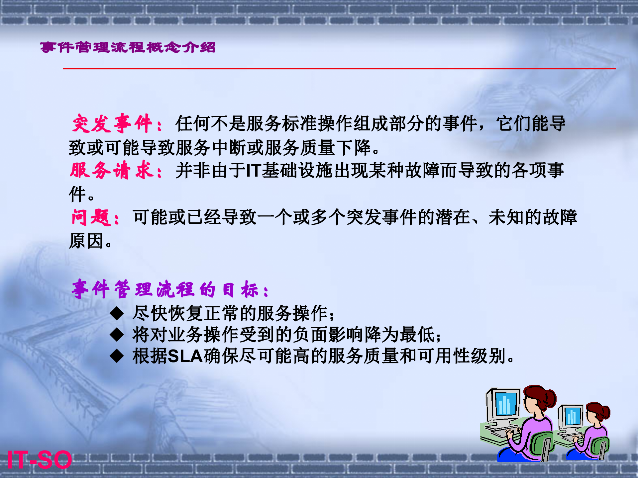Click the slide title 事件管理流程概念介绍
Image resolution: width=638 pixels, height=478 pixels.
point(128,47)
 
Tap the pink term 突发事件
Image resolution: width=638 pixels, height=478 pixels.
point(112,123)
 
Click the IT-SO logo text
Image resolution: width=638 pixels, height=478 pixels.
point(39,460)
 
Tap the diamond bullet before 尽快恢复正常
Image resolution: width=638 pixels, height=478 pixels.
point(117,313)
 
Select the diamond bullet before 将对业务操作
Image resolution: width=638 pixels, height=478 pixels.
point(117,335)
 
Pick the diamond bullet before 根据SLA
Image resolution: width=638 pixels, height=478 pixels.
point(117,356)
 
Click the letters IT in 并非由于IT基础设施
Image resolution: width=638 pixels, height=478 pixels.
point(253,171)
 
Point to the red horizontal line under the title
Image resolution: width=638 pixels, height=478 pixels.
point(339,68)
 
